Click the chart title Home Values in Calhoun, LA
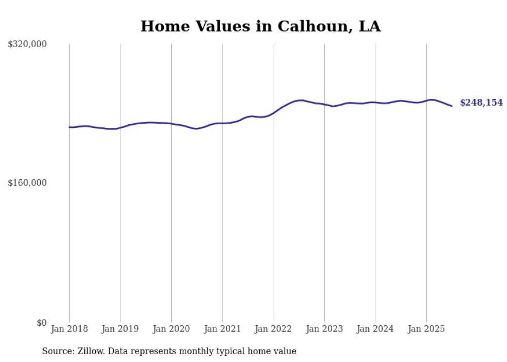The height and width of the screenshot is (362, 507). pos(260,26)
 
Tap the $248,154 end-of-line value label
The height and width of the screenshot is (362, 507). pos(481,103)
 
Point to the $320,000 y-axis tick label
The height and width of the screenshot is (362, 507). pos(27,45)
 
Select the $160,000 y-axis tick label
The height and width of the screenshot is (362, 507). pos(27,183)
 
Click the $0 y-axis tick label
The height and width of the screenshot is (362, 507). pos(41,323)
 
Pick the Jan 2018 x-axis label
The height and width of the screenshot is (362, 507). pos(69,329)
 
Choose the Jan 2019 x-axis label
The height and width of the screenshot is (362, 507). pos(121,329)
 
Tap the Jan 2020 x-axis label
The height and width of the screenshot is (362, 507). pos(171,329)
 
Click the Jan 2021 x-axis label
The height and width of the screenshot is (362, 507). pos(222,329)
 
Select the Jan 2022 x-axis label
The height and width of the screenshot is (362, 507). pos(274,329)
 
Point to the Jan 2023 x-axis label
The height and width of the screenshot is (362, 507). pos(324,329)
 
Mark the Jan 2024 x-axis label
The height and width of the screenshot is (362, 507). pos(376,329)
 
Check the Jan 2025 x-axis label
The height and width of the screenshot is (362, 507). pos(426,329)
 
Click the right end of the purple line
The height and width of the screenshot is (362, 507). pos(452,106)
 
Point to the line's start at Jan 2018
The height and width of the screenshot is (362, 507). pos(69,127)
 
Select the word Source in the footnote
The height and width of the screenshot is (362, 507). pos(56,351)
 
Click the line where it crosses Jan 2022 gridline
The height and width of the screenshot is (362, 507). pos(274,112)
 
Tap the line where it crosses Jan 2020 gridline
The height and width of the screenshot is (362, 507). pos(171,123)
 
